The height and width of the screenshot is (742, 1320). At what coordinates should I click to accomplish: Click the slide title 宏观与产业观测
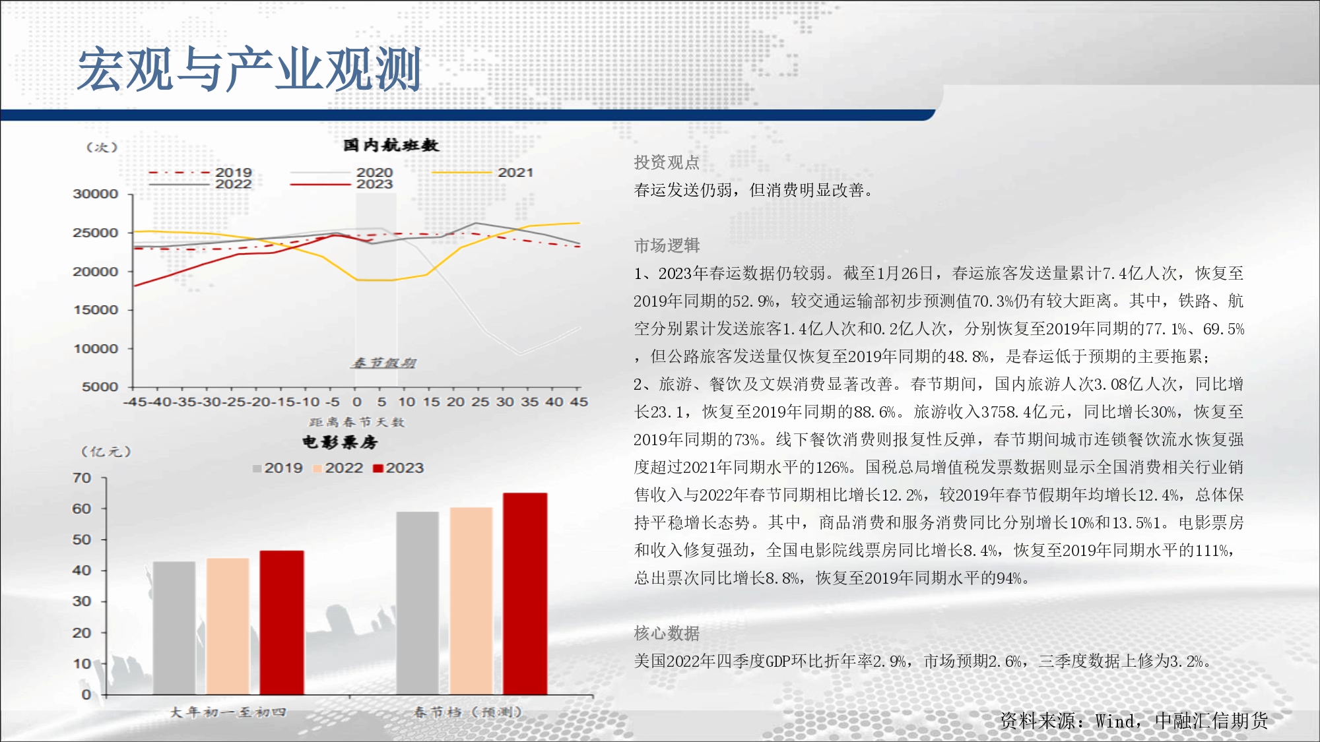click(249, 69)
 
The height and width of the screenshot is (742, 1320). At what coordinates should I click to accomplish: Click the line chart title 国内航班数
click(391, 145)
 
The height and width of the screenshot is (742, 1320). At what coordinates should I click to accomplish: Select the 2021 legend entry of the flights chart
click(482, 173)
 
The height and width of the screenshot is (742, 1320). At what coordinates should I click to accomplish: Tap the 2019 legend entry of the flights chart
click(201, 173)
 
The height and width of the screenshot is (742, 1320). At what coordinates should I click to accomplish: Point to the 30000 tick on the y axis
click(96, 194)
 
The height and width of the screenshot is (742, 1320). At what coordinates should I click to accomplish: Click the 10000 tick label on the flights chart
click(96, 349)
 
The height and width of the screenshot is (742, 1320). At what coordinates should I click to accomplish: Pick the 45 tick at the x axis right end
click(579, 402)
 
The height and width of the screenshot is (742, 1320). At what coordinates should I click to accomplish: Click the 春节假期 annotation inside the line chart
click(383, 363)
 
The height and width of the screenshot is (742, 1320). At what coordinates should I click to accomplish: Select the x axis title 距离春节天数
click(356, 422)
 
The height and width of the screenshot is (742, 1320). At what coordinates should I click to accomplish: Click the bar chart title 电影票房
click(341, 442)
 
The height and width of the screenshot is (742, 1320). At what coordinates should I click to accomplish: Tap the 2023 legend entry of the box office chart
click(399, 468)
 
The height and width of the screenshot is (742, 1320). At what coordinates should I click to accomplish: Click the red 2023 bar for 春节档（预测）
click(525, 594)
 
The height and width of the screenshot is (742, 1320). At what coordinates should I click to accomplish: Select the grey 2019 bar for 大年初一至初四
click(174, 628)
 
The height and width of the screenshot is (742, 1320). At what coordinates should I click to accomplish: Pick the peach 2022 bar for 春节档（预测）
click(471, 601)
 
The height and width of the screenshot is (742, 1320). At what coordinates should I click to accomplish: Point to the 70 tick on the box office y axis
click(82, 478)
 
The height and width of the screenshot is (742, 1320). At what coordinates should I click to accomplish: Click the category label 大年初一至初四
click(228, 712)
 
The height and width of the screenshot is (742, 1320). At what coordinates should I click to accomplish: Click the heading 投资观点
click(667, 162)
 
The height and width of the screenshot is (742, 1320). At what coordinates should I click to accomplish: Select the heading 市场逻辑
click(667, 245)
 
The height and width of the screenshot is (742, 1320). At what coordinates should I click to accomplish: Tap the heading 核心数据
click(667, 633)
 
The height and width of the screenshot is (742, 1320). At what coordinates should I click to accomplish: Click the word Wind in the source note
click(1115, 721)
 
